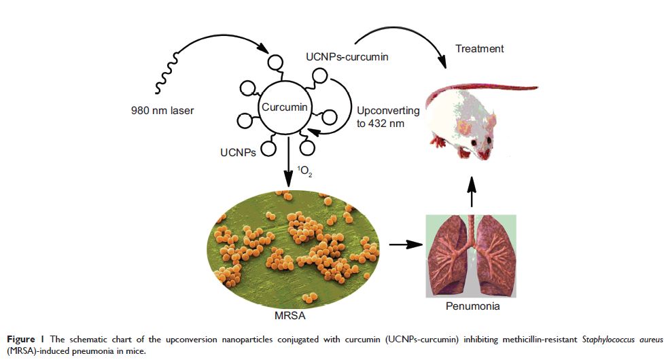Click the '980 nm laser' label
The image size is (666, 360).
162,109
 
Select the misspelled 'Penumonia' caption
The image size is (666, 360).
474,306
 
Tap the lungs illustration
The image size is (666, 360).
472,255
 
